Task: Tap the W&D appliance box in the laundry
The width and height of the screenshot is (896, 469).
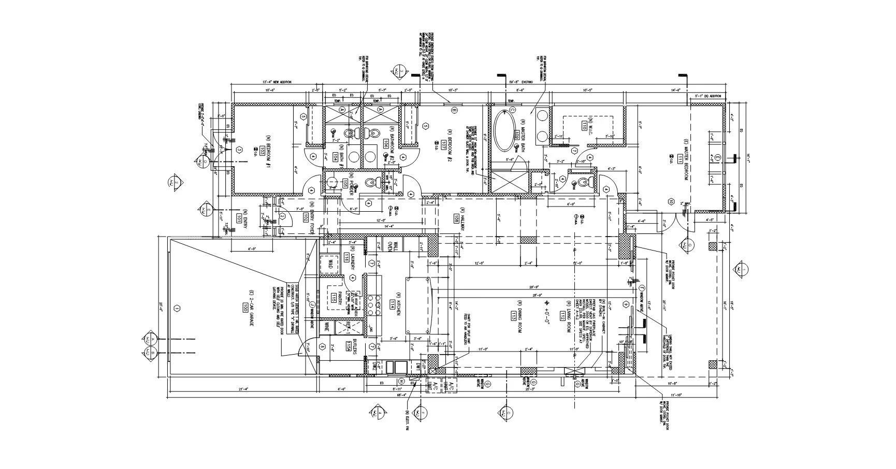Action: pyautogui.click(x=328, y=264)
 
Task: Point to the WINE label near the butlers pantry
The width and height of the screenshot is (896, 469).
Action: pyautogui.click(x=327, y=327)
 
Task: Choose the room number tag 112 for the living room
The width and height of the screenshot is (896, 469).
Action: pyautogui.click(x=562, y=316)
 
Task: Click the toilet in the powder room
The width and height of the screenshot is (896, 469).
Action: pyautogui.click(x=371, y=183)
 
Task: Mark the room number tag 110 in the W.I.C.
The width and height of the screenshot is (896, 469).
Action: pyautogui.click(x=584, y=126)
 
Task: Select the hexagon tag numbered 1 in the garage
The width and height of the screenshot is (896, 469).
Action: pyautogui.click(x=177, y=309)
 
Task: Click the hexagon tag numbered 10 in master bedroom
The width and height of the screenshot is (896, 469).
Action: pyautogui.click(x=670, y=201)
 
